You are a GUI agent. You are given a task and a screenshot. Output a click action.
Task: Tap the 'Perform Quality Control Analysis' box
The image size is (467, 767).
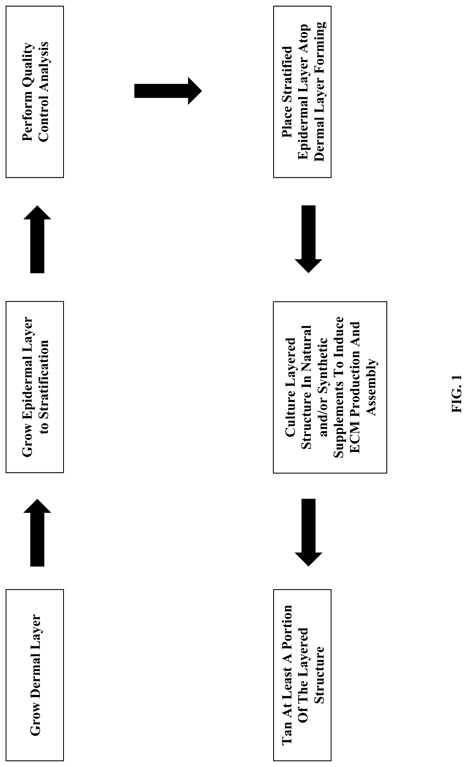[x=34, y=92]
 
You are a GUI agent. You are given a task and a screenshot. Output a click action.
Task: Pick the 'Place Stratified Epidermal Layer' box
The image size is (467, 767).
[x=302, y=92]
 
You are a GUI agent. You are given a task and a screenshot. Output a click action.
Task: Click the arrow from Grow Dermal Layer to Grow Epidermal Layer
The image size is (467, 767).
[x=37, y=532]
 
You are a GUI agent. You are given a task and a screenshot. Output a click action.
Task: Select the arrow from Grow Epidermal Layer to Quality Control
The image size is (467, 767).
[x=37, y=239]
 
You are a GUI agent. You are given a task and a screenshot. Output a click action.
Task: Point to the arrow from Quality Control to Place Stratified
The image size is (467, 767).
[x=168, y=91]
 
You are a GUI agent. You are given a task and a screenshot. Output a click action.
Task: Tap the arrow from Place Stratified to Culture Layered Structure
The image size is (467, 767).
[x=308, y=239]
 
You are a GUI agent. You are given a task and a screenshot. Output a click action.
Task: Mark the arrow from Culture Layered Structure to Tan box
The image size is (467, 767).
[x=308, y=532]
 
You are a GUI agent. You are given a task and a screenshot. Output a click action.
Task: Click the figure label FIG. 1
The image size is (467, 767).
[x=457, y=394]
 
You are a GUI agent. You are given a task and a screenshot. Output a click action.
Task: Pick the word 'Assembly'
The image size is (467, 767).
[x=372, y=387]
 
